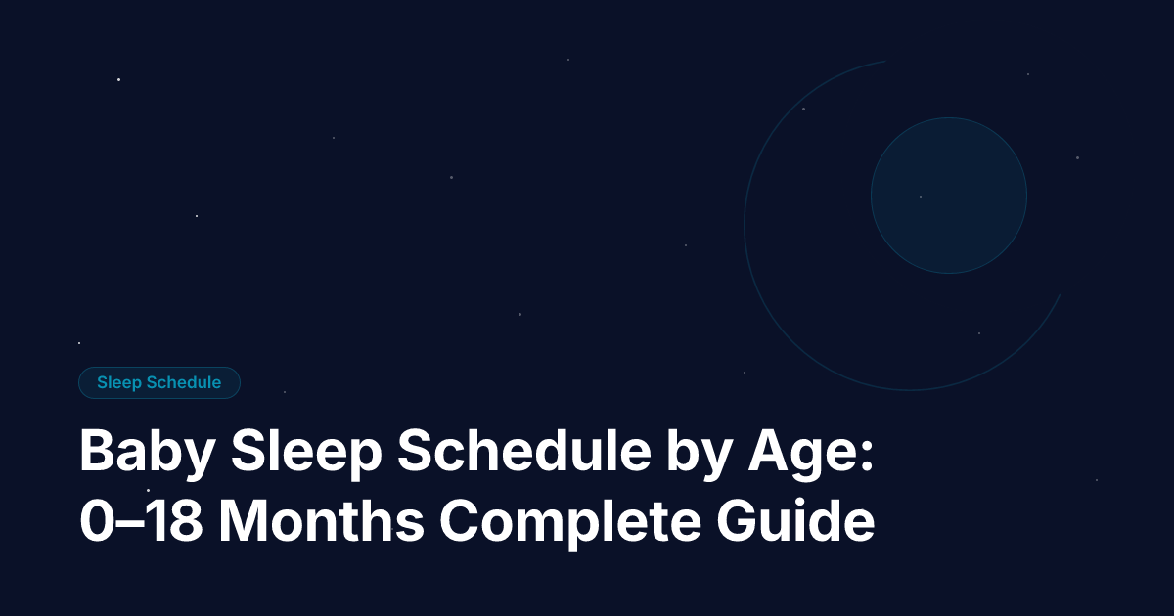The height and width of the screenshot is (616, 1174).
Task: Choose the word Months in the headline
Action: (321, 523)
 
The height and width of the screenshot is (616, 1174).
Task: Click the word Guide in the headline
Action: (796, 523)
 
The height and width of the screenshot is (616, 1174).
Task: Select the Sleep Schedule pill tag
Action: (159, 382)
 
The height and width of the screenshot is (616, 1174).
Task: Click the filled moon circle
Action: (948, 196)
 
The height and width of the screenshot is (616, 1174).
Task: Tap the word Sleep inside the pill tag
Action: (119, 382)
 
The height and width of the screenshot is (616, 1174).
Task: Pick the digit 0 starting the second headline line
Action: (95, 523)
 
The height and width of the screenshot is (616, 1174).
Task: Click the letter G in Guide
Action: (740, 523)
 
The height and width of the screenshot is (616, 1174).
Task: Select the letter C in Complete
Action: (459, 523)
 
